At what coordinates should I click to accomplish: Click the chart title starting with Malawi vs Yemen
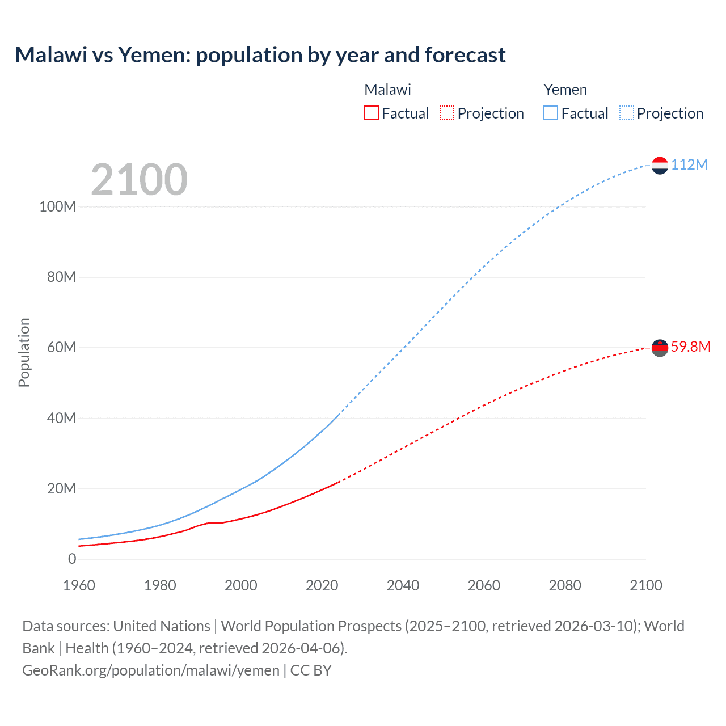(260, 55)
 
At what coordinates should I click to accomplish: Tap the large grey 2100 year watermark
(139, 180)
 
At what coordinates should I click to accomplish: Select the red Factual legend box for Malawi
(371, 113)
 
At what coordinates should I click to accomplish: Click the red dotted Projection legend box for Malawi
(447, 113)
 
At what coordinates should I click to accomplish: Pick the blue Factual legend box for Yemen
(550, 113)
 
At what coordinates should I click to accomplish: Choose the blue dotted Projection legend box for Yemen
(626, 113)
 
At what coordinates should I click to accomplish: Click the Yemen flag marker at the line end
(660, 165)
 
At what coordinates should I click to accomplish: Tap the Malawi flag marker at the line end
(660, 347)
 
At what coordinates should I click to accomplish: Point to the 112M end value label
(689, 164)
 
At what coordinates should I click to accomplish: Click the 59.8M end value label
(690, 347)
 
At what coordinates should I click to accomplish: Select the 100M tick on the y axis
(57, 206)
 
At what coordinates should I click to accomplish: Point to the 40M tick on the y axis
(61, 418)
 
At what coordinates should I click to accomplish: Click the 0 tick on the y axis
(72, 559)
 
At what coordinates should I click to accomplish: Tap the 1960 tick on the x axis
(79, 585)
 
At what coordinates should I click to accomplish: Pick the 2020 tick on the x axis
(322, 585)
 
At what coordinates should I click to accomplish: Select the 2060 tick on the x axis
(484, 585)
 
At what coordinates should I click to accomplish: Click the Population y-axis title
(24, 352)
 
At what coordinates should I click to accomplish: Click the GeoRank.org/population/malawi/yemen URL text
(151, 670)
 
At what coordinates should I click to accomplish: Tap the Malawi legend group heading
(387, 90)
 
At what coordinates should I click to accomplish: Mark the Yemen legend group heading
(565, 90)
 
